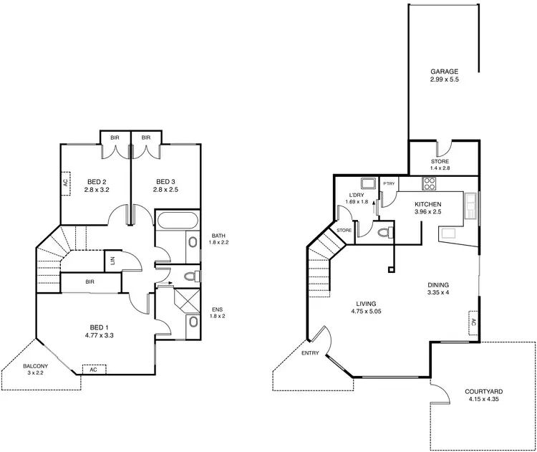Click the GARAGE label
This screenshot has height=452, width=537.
coord(444,72)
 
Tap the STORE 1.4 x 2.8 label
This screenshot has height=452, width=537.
coord(440,162)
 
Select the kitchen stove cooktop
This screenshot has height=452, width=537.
coord(430,183)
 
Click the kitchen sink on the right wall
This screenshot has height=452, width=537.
coord(472,206)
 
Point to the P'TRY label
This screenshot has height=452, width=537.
coord(389,184)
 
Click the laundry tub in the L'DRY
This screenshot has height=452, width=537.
coord(367,183)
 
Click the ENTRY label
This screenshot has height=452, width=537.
coord(311,353)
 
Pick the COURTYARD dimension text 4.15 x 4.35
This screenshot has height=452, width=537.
coord(483,400)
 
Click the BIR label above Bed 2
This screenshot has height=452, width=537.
coord(114,138)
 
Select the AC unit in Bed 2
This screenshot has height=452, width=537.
coord(64,183)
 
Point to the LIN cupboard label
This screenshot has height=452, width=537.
coord(113,260)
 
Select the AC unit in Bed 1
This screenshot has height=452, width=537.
coord(93,369)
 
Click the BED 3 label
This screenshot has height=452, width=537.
coord(165,181)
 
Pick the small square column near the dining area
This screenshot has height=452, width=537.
coord(391,270)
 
